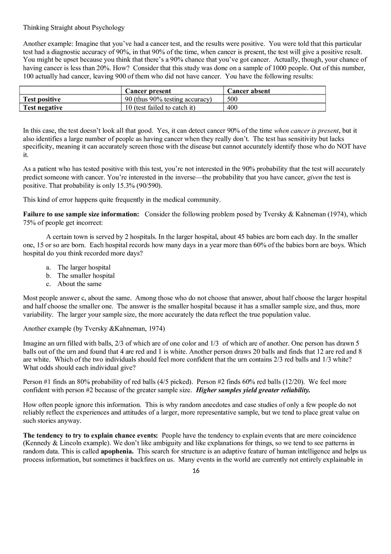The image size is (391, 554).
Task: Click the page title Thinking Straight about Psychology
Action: coord(74,28)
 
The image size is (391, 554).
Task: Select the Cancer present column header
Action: coord(148,91)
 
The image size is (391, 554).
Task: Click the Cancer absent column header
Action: coord(248,91)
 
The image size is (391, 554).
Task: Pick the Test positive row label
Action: coord(42,100)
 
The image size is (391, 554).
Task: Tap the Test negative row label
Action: coord(43,108)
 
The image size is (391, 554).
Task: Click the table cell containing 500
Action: coord(232,100)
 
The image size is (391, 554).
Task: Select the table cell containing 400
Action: coord(232,108)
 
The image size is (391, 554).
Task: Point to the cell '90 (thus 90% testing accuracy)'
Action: coord(168,100)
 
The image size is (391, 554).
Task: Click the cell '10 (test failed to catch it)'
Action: coord(160,108)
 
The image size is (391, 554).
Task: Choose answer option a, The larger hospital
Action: coord(84,267)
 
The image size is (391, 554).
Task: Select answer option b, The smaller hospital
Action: coord(86,275)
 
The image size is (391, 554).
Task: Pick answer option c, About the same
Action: coord(79,284)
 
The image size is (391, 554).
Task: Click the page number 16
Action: coord(196,471)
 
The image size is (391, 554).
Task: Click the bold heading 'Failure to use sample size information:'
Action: coord(81,214)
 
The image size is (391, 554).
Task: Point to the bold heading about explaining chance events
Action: coord(91,435)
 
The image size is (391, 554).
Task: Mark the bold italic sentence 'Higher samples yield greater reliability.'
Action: coord(253,390)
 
